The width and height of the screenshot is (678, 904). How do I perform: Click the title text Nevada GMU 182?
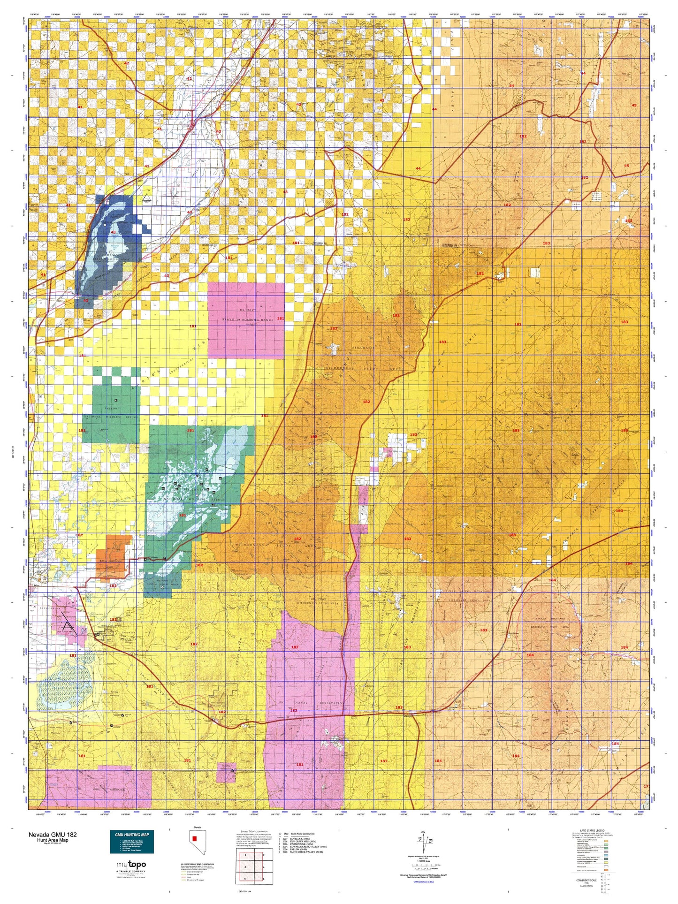pos(53,835)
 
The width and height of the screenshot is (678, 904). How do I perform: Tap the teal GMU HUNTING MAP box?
pos(132,843)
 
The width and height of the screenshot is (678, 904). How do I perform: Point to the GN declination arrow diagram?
pos(423,843)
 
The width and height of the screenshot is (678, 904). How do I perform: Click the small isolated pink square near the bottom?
pos(226,773)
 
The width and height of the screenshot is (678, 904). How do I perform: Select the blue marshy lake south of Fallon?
pos(54,686)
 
